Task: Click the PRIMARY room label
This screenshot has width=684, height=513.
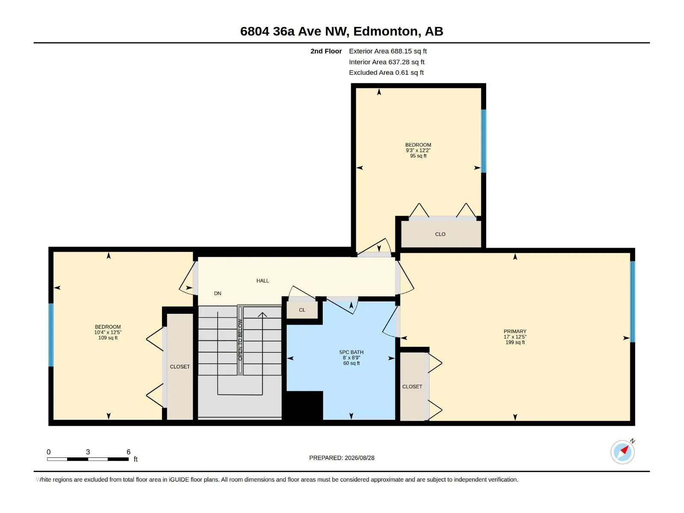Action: [x=515, y=331]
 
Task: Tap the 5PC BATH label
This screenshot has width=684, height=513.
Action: [x=351, y=352]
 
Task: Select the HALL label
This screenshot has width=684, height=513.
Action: [x=262, y=280]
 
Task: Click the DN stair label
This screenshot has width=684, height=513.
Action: [x=218, y=293]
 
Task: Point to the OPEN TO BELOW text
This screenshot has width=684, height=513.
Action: [x=240, y=340]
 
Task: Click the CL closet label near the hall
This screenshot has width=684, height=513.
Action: [x=302, y=310]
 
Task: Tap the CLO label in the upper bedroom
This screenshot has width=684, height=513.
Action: [x=440, y=234]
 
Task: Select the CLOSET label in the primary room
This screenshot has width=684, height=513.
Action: [x=412, y=386]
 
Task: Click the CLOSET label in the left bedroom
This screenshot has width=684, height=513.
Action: [x=180, y=367]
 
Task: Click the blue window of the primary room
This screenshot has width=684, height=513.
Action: [x=632, y=301]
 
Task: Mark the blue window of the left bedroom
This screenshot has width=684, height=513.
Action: [x=51, y=335]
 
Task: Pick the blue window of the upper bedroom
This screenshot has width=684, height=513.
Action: [x=484, y=141]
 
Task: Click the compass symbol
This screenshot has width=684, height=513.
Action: [x=622, y=452]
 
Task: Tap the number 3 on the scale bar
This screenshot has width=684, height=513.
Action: [x=88, y=452]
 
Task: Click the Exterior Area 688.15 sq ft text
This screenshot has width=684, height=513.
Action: [x=388, y=51]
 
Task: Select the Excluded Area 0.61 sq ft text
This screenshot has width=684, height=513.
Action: [x=386, y=73]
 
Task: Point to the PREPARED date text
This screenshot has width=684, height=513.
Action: [x=342, y=458]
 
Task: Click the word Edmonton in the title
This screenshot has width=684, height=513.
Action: [x=386, y=31]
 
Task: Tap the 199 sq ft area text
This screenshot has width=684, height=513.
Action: [x=515, y=342]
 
